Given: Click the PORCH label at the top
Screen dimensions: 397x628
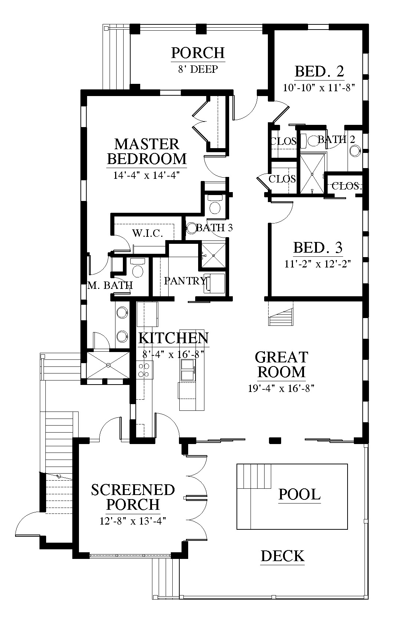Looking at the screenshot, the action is click(198, 53).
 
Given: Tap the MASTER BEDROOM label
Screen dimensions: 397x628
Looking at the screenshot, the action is click(147, 151).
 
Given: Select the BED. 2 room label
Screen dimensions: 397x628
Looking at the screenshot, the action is click(320, 71).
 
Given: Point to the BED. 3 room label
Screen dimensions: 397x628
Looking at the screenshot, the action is click(318, 248).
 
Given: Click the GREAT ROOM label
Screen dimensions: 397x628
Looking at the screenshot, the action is click(282, 365).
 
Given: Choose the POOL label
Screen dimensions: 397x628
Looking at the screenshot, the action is click(300, 494).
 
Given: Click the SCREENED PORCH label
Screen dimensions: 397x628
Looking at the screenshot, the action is click(133, 497).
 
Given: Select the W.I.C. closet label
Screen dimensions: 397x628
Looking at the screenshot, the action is click(148, 233).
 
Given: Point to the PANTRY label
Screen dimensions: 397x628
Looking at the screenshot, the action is click(185, 281).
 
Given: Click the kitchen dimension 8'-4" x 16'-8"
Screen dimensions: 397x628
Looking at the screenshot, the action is click(173, 354).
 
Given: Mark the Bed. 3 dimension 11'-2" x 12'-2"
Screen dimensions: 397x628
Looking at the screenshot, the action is click(318, 264).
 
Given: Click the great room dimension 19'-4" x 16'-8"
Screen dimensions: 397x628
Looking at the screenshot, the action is click(282, 388).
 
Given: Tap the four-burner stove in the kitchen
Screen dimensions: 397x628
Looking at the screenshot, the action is click(145, 370).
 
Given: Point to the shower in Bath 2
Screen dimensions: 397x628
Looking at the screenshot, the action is click(312, 174).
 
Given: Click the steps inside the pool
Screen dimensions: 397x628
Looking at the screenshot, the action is click(254, 476).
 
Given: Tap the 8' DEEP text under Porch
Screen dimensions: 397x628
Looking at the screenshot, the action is click(198, 69).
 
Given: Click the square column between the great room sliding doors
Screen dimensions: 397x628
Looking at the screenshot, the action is click(275, 440).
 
